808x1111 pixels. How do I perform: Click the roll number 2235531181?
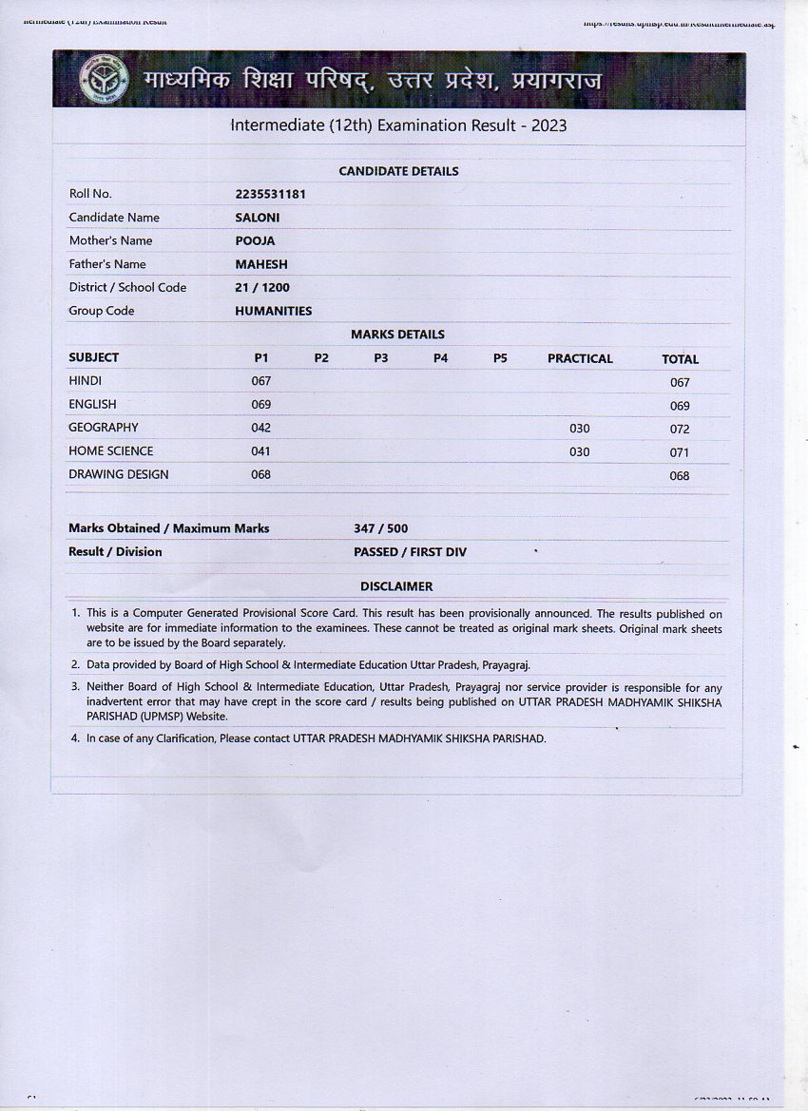click(x=270, y=194)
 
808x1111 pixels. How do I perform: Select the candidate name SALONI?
click(x=257, y=218)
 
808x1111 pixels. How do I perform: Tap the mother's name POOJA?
click(x=255, y=240)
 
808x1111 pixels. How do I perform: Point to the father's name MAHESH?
click(x=260, y=264)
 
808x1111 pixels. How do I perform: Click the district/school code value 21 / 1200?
click(x=262, y=287)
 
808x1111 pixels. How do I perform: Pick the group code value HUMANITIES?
click(x=273, y=311)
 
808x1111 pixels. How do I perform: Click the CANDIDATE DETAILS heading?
click(x=398, y=171)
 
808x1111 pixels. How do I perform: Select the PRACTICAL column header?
click(x=580, y=358)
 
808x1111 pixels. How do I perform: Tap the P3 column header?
click(x=380, y=358)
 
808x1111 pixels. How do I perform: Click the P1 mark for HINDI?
click(x=260, y=381)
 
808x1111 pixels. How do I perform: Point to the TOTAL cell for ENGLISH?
click(x=679, y=406)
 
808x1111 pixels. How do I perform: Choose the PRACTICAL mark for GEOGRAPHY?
click(x=579, y=429)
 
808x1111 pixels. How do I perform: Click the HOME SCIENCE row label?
click(x=110, y=451)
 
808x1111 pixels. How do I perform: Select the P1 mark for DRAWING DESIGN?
click(x=260, y=474)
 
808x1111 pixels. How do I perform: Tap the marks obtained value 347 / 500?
click(x=380, y=528)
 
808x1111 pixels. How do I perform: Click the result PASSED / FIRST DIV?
click(x=410, y=552)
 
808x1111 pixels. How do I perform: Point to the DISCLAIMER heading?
click(x=395, y=586)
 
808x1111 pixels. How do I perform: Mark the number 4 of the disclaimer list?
click(x=75, y=737)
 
